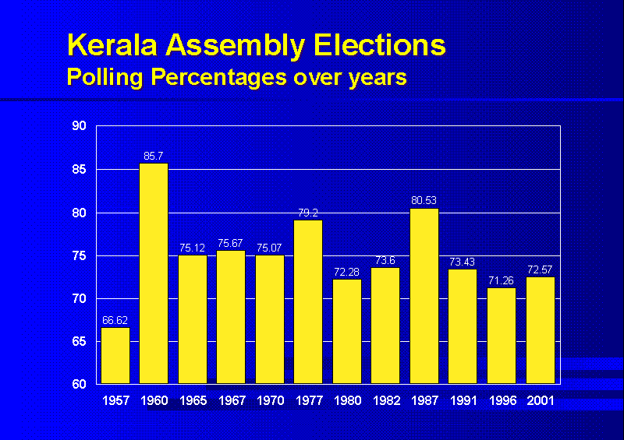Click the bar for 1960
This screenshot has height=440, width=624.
tap(154, 273)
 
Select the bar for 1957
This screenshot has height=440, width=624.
tap(115, 355)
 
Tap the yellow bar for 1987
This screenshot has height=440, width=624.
tap(424, 295)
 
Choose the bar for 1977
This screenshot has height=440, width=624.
tap(308, 301)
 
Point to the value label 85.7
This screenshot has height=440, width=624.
tap(154, 157)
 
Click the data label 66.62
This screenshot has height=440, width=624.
tap(115, 320)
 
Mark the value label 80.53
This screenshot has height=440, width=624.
tap(424, 201)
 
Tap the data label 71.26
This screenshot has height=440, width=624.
tap(502, 280)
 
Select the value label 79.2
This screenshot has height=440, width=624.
tap(308, 212)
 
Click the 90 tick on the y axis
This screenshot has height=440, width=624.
tap(80, 126)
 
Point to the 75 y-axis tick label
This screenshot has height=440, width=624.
tap(80, 255)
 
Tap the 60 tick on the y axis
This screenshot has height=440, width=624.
tap(80, 385)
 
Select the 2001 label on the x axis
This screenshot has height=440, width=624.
tap(540, 400)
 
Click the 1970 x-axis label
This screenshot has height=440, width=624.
tap(270, 400)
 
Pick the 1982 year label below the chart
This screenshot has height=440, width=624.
tap(385, 400)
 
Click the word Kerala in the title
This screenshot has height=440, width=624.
tap(109, 45)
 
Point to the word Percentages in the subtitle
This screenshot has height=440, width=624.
tap(195, 77)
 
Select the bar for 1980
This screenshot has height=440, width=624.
tap(347, 331)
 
